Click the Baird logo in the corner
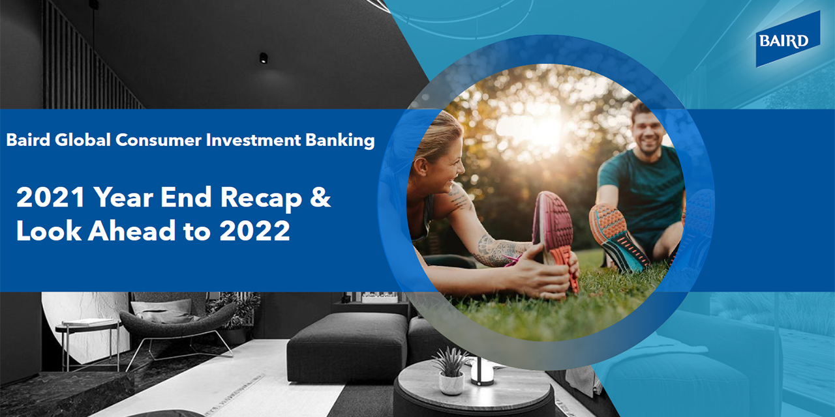point(787,39)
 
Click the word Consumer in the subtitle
point(158,140)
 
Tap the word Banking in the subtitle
point(340,141)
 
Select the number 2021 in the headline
point(51,197)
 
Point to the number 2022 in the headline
point(254,231)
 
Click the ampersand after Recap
point(320,197)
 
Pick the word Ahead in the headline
point(132,230)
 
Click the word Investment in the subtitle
point(253,140)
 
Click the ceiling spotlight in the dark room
point(264,58)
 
